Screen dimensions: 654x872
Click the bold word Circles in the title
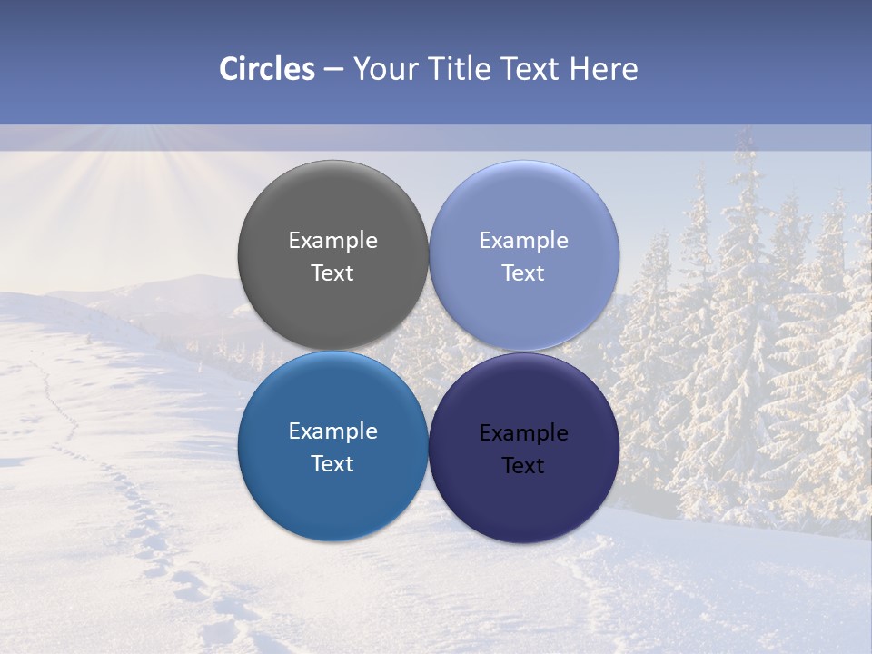267,69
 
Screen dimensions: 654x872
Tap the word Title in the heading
460,69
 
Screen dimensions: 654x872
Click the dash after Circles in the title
333,69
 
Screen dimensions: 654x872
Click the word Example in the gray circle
332,241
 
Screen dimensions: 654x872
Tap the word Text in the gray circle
332,273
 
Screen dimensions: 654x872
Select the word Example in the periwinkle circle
524,241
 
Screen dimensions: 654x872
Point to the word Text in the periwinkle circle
524,273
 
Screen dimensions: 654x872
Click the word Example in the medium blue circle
332,431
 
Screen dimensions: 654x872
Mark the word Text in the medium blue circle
332,464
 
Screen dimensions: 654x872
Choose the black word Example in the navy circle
524,433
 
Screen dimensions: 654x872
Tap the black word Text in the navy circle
524,466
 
